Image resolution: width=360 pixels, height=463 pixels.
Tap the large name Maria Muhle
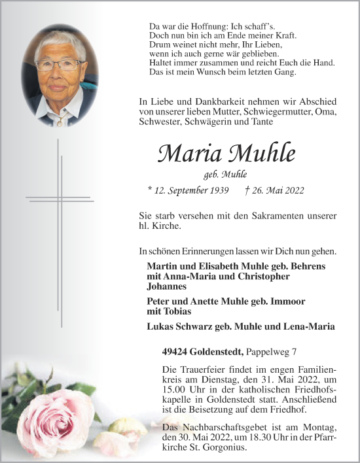(226, 154)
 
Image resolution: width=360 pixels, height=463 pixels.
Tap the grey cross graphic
(59, 209)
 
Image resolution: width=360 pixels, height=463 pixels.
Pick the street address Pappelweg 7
(273, 351)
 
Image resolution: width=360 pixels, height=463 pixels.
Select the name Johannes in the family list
(167, 286)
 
